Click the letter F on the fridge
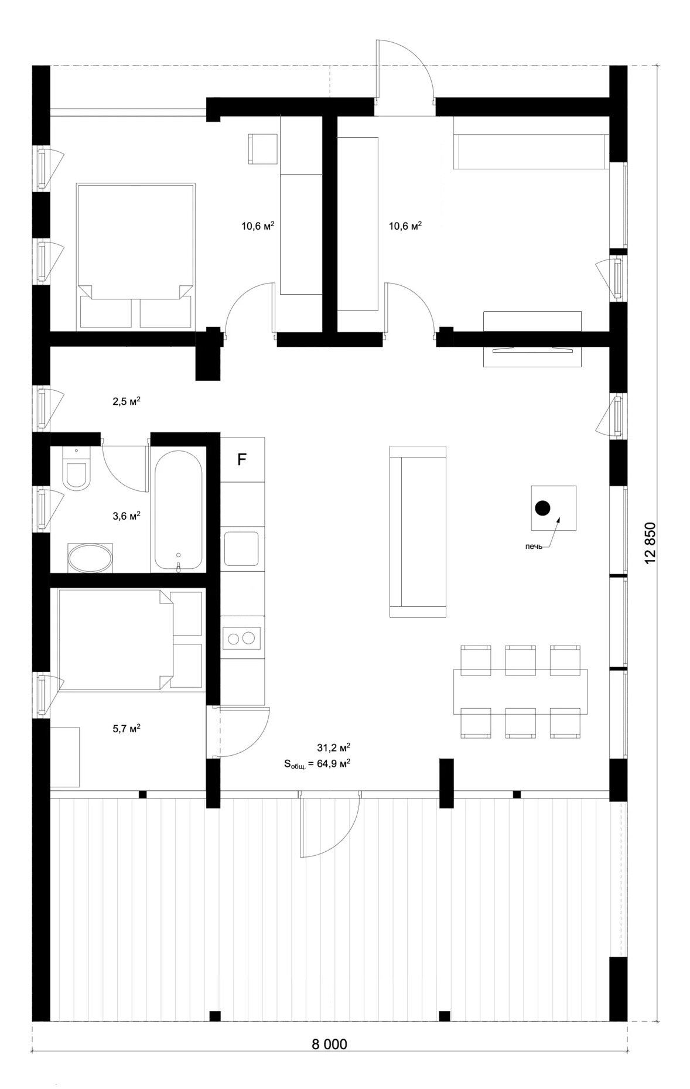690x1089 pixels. (241, 460)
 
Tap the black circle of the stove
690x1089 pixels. (543, 508)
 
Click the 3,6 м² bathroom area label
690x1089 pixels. (126, 516)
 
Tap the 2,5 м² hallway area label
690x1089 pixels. (126, 401)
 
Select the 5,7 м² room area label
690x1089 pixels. (126, 729)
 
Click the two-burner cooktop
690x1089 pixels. (242, 637)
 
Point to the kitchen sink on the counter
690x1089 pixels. (242, 548)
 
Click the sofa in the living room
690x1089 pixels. (419, 531)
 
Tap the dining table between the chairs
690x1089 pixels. (520, 692)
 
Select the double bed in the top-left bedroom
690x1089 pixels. (135, 255)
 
